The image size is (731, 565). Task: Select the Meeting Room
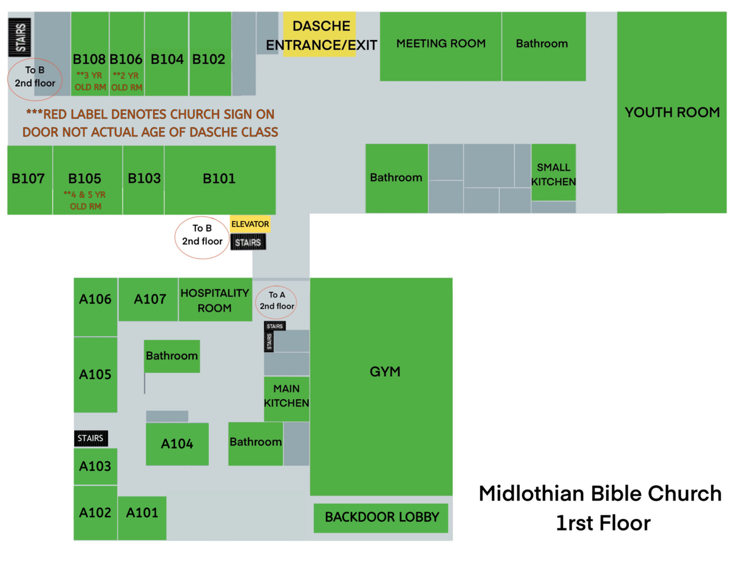point(441,46)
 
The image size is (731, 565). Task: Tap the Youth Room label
point(672,112)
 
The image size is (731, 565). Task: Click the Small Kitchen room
point(553,173)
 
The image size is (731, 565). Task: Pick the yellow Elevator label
point(250,224)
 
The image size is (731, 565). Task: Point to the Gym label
point(385,372)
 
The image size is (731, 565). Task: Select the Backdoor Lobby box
point(381,518)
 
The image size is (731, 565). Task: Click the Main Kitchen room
point(287,396)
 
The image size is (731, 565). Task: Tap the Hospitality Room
point(215,300)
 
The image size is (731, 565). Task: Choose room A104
point(177,444)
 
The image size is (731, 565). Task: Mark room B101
point(219,179)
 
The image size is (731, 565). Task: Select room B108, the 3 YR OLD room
point(90,60)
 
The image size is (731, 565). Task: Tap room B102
point(209,60)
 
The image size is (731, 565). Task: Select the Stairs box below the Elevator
point(248,243)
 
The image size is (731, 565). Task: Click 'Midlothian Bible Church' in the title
point(600,494)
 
